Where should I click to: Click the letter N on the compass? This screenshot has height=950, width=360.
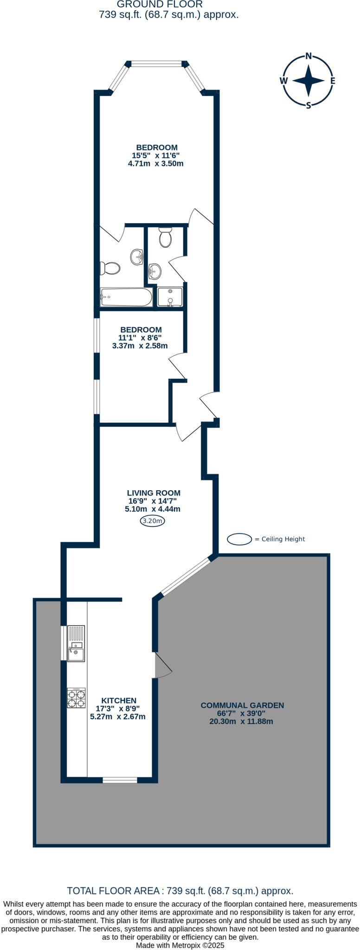(309, 56)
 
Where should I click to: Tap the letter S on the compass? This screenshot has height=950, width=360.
(309, 105)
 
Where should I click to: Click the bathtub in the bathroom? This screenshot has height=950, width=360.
(126, 297)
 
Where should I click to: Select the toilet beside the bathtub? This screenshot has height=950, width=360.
(110, 268)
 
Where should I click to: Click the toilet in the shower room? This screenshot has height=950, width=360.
(165, 237)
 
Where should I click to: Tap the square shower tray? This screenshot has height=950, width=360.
(170, 297)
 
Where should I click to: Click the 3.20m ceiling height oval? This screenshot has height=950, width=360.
(153, 521)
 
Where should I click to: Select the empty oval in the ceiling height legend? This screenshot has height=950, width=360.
(239, 539)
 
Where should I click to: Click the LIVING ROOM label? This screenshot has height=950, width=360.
(154, 493)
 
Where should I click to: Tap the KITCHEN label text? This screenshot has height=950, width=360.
(119, 700)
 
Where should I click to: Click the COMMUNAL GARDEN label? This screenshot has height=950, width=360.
(242, 705)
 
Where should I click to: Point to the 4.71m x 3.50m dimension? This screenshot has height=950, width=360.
(155, 164)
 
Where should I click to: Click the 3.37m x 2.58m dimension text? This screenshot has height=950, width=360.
(140, 346)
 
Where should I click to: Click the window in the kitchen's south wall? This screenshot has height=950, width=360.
(120, 780)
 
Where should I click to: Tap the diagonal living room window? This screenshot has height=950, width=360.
(185, 576)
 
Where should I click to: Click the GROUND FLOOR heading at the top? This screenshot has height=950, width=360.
(160, 4)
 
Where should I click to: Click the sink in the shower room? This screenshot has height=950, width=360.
(155, 270)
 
